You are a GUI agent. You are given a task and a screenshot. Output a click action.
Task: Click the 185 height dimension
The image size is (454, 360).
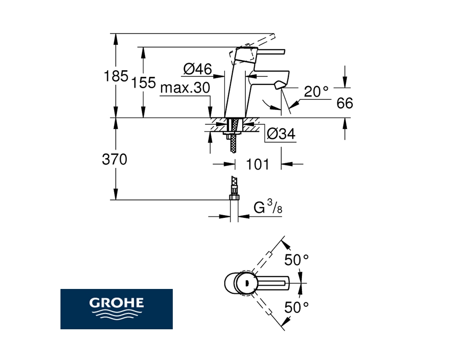(116, 76)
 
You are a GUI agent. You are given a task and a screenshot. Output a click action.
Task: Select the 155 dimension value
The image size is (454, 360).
(143, 83)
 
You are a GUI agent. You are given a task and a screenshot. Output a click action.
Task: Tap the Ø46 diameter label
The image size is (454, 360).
(197, 69)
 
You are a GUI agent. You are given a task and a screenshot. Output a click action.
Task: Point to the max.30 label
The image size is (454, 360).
(185, 87)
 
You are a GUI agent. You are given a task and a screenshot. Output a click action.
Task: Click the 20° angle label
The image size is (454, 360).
(316, 92)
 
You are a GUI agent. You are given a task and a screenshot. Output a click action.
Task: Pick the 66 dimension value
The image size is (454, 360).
(345, 103)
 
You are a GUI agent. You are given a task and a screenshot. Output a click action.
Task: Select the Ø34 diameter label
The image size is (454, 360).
(281, 134)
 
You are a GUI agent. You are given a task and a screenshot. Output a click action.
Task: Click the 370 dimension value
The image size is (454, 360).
(114, 159)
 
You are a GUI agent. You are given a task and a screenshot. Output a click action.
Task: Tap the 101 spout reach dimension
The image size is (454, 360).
(257, 164)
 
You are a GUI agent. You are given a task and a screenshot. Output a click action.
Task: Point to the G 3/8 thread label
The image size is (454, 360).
(268, 207)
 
